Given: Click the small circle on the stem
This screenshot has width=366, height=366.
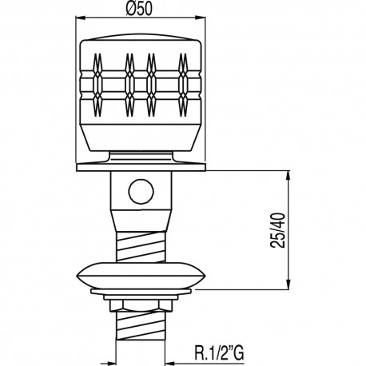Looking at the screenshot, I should (141, 191).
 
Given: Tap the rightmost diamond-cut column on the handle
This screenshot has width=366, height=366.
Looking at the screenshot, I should (185, 84).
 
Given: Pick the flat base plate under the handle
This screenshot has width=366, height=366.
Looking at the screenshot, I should (141, 167).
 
